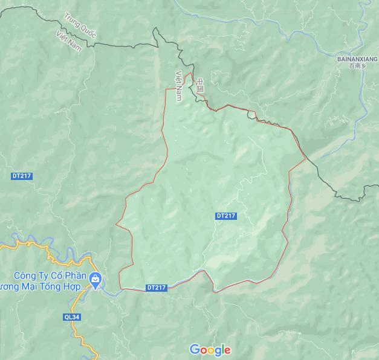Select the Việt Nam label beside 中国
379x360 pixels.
click(x=179, y=85)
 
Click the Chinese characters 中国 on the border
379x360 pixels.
click(x=200, y=85)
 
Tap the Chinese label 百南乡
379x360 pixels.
click(x=358, y=66)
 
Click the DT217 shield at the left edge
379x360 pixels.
click(x=21, y=176)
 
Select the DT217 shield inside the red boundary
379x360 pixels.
click(x=225, y=216)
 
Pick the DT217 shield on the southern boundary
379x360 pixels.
click(x=156, y=288)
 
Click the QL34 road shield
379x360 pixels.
click(x=72, y=315)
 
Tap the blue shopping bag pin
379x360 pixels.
click(x=95, y=278)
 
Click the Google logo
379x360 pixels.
click(x=210, y=350)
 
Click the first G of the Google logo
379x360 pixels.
click(x=195, y=349)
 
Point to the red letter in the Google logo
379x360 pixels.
click(x=203, y=350)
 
